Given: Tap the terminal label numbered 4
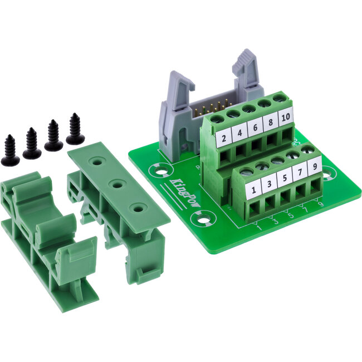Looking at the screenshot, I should pos(239,134).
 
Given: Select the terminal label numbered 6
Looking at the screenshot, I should pos(256,128).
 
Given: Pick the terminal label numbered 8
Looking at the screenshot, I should pos(271,123).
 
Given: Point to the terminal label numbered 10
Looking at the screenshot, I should pos(285,118).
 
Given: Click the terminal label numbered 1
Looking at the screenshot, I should pos(255,190).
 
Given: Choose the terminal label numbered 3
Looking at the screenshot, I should pos(270,184).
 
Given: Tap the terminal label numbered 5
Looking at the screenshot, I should pos(285,178).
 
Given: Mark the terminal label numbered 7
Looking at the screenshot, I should pos(300,172).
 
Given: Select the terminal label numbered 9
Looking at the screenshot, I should pos(315,165).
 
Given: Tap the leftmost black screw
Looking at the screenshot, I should pos(10,150).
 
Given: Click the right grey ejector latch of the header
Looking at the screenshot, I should pos(245,70).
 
